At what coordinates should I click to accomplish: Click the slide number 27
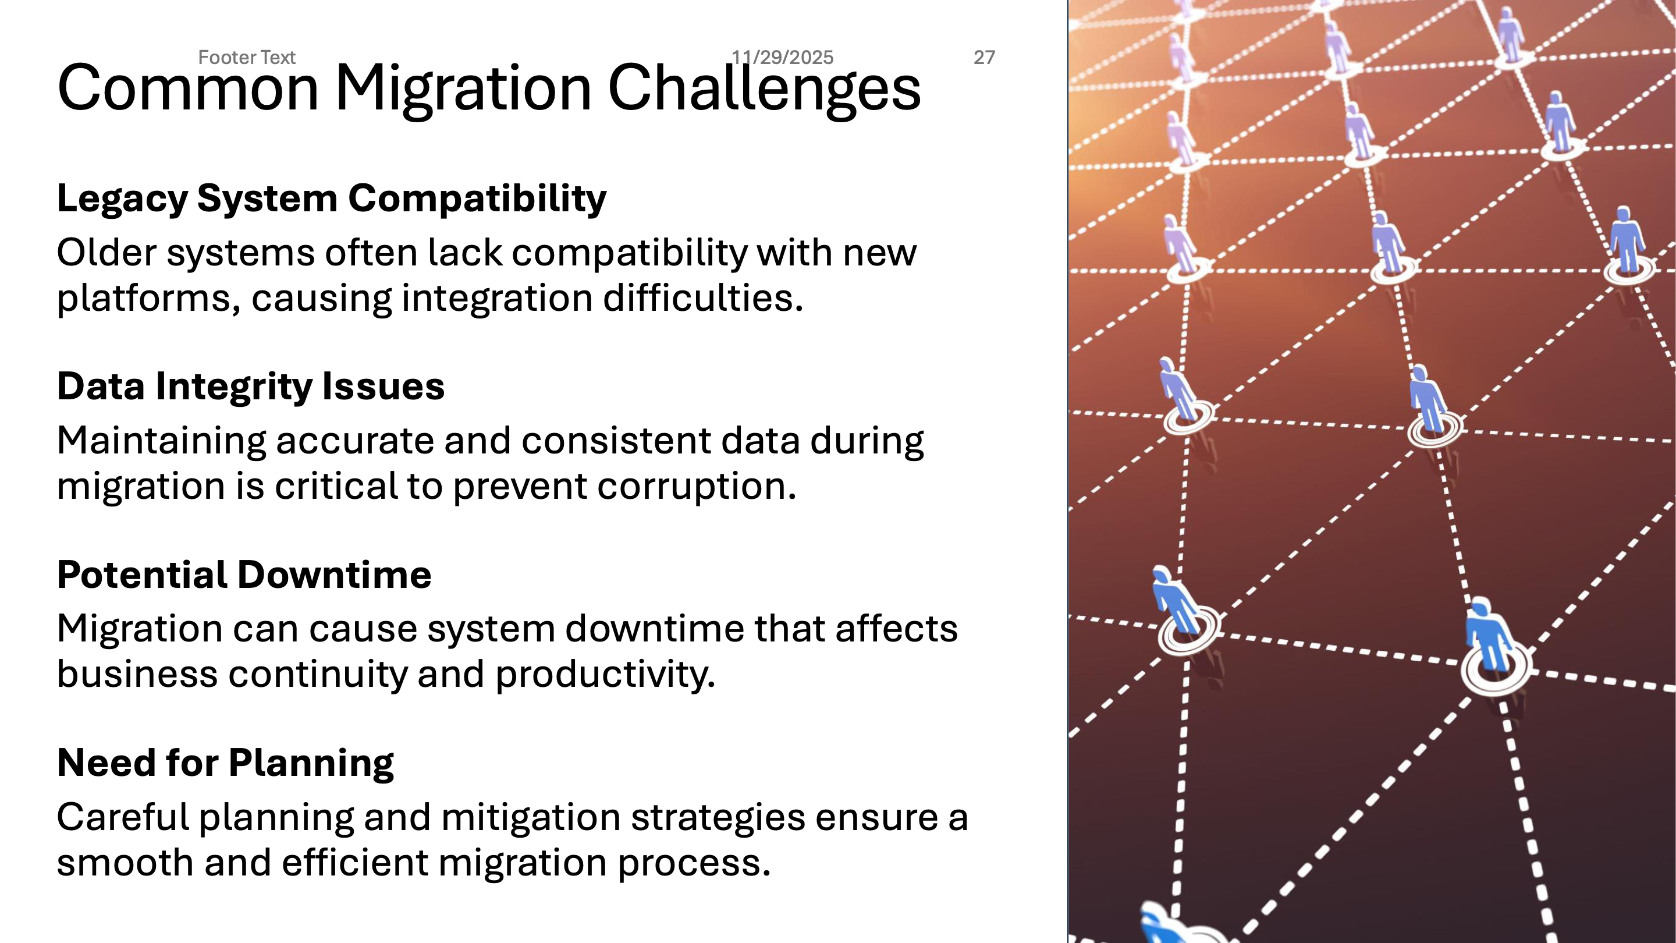pyautogui.click(x=983, y=57)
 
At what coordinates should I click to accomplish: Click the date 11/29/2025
pyautogui.click(x=782, y=57)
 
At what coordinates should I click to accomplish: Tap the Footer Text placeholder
pyautogui.click(x=247, y=57)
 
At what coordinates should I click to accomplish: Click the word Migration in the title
pyautogui.click(x=463, y=89)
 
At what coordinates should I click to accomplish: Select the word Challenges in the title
pyautogui.click(x=764, y=89)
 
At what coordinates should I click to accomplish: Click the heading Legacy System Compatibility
pyautogui.click(x=332, y=198)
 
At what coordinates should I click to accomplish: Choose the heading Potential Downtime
pyautogui.click(x=244, y=575)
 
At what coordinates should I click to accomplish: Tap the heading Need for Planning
pyautogui.click(x=226, y=763)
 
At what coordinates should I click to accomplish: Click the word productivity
pyautogui.click(x=605, y=674)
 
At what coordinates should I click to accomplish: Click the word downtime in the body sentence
pyautogui.click(x=655, y=629)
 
